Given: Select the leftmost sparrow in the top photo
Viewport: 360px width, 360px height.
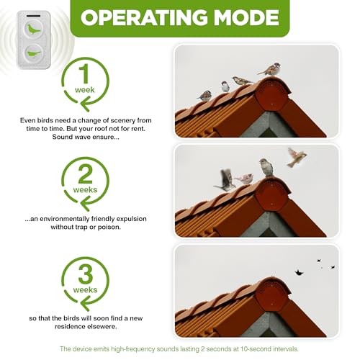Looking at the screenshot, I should click(205, 95).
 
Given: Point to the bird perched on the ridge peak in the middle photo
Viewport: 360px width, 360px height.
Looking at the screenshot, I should click(266, 168).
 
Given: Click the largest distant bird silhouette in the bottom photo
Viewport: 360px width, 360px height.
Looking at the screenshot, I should click(297, 272).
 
